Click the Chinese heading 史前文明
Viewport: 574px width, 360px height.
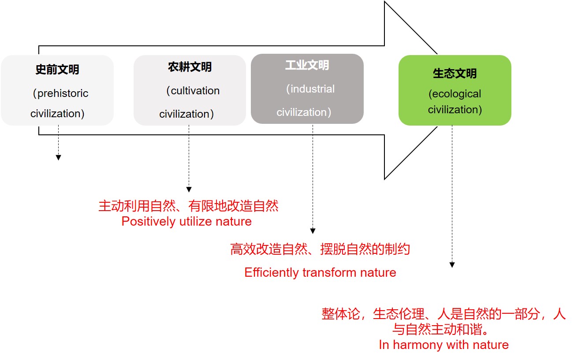[57, 70]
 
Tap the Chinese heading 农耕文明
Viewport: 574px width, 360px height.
[190, 67]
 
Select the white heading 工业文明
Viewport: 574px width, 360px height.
[307, 65]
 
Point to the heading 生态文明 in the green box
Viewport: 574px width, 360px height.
[455, 74]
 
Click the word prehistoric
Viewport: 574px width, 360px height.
[63, 93]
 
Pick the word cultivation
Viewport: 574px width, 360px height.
[195, 91]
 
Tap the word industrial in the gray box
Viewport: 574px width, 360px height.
[313, 89]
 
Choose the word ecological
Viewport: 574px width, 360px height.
[457, 94]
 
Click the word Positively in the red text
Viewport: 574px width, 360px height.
[149, 222]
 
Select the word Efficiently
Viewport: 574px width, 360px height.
[272, 273]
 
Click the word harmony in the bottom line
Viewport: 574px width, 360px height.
[417, 345]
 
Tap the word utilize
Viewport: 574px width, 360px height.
[195, 222]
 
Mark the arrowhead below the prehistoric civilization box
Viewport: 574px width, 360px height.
[59, 157]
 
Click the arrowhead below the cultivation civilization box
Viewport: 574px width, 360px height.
[189, 189]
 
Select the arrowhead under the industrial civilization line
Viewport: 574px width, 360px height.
[313, 231]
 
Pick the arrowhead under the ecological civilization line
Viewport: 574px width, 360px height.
[452, 265]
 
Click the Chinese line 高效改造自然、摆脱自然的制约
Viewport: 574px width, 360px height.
[320, 249]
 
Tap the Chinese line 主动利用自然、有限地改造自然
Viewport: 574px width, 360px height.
[188, 206]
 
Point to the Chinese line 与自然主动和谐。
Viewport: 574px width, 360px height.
[441, 329]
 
